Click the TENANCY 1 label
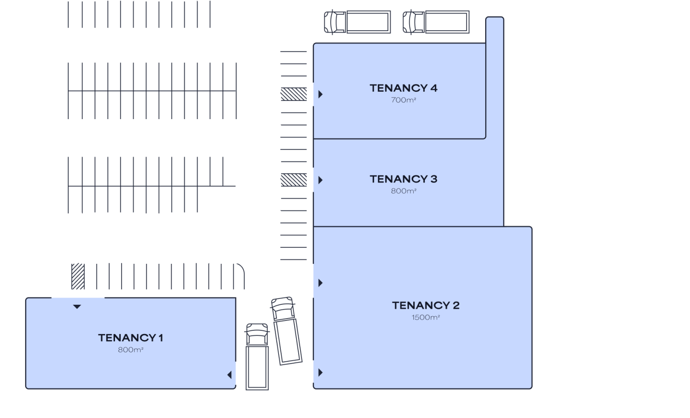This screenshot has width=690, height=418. [x=131, y=338]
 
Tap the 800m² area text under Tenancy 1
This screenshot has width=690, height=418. [x=131, y=350]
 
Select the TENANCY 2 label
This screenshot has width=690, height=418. [x=426, y=306]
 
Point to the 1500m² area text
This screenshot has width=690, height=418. [x=426, y=317]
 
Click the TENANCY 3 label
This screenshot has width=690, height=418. [x=403, y=179]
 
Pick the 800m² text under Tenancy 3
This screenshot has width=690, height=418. [x=403, y=191]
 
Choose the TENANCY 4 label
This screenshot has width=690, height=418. [x=403, y=88]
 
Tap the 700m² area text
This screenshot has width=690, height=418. [x=403, y=100]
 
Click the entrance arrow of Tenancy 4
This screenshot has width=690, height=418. [x=320, y=94]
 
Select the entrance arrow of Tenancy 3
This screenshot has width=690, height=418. [x=320, y=180]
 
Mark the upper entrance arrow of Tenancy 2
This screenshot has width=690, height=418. [x=320, y=283]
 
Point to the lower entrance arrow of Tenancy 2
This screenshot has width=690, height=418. [x=320, y=373]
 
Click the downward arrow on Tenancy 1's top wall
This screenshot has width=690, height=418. [x=77, y=307]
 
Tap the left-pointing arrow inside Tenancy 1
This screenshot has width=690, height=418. [x=229, y=375]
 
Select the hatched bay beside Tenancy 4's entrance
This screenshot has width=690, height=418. [x=293, y=94]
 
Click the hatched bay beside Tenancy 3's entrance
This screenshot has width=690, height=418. [x=293, y=180]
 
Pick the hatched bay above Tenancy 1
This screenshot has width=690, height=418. [x=78, y=276]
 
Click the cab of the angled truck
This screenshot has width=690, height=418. [x=283, y=308]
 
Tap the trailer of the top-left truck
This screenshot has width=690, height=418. [x=369, y=22]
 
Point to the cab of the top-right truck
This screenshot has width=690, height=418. [x=414, y=22]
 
